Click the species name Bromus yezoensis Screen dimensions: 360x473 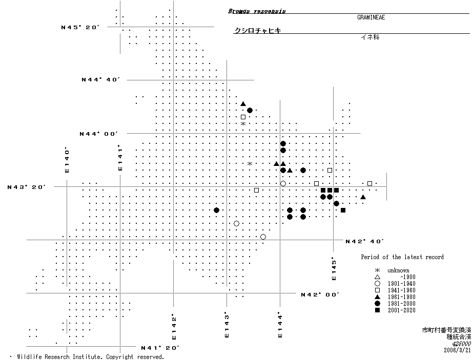coord(257,11)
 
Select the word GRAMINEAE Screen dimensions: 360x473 coord(371,17)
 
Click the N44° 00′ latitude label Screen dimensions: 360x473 coord(98,134)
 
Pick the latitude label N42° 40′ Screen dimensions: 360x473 coord(364,241)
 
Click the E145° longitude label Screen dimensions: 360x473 coord(334,269)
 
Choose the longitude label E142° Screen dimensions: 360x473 coord(174,327)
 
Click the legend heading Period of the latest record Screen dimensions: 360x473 coord(402,257)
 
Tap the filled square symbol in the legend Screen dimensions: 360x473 coord(377,310)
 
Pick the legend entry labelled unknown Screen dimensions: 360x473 coord(398,270)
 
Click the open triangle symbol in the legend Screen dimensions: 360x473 coord(377,277)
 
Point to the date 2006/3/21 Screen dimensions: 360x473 coord(458,350)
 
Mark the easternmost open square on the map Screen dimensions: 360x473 coord(369,183)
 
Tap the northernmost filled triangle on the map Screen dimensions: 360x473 coord(243,103)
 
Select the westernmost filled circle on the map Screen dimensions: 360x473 coord(216,210)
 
